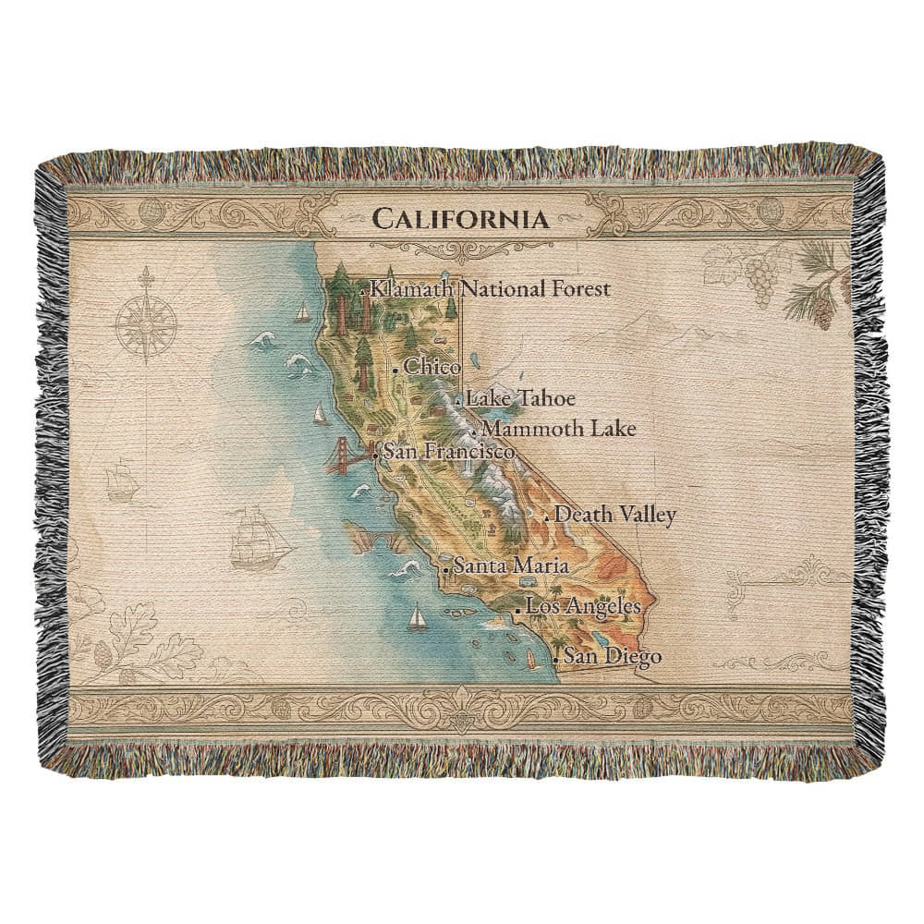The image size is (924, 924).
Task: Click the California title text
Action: [x=456, y=220]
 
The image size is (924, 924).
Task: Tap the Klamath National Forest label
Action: [x=490, y=289]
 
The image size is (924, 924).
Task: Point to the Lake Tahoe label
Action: [x=520, y=399]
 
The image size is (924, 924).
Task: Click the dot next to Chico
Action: [x=395, y=371]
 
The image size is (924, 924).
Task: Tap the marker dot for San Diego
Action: [x=554, y=661]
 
